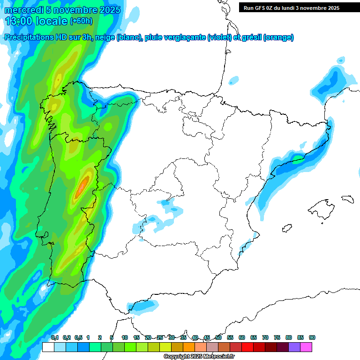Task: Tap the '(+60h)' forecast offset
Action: click(81, 21)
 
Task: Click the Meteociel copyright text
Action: click(199, 357)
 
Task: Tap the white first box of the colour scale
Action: click(48, 347)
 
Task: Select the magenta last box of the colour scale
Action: click(306, 347)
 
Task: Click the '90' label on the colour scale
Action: click(312, 337)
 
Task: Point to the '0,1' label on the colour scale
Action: click(54, 337)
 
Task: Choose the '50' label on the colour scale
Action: click(218, 337)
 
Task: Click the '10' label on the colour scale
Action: click(125, 337)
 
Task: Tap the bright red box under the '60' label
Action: click(247, 347)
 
